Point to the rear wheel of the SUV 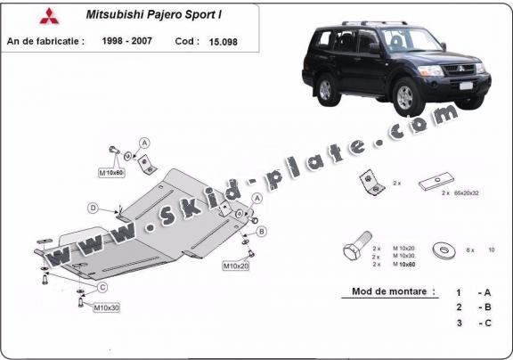click(324, 88)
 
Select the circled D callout click(93, 209)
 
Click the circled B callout click(262, 232)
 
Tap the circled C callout click(103, 287)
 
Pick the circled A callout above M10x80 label click(144, 143)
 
